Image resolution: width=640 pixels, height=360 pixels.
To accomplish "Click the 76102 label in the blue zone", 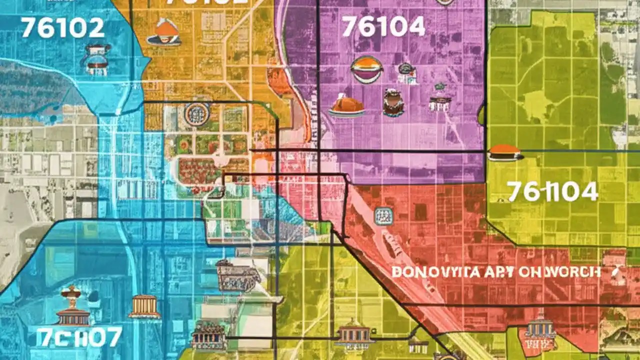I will pos(62,28).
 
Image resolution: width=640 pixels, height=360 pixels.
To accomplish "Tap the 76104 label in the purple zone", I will pos(383,26).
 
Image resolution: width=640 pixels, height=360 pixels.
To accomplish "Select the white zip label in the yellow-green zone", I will pos(552,191).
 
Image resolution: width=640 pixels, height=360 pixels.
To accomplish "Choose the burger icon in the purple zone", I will pos(367,69).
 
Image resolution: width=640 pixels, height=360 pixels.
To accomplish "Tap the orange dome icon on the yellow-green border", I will pos(504,152).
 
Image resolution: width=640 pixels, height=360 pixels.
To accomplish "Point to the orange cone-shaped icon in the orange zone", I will pos(166,32).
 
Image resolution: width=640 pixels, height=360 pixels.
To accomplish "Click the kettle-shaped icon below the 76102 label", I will pos(97,59).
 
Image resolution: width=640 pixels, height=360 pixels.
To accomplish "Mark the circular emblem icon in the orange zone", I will pos(196,114).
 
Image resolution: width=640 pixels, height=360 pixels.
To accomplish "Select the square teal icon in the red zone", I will pos(383,216).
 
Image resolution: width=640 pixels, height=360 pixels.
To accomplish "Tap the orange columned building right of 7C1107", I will pos(144,306).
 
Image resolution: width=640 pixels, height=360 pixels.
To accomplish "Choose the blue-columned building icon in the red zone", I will pos(540,327).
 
